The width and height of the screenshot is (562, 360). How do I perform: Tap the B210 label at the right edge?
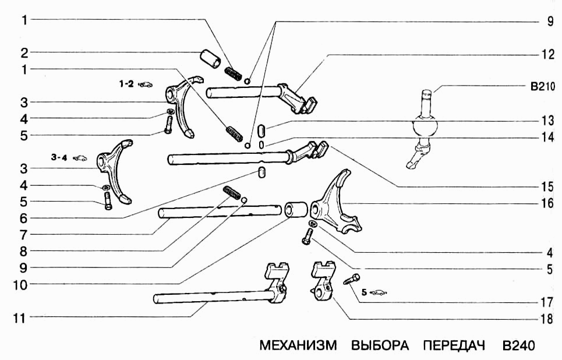[543, 87]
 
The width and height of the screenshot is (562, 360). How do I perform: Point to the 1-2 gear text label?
[126, 84]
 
